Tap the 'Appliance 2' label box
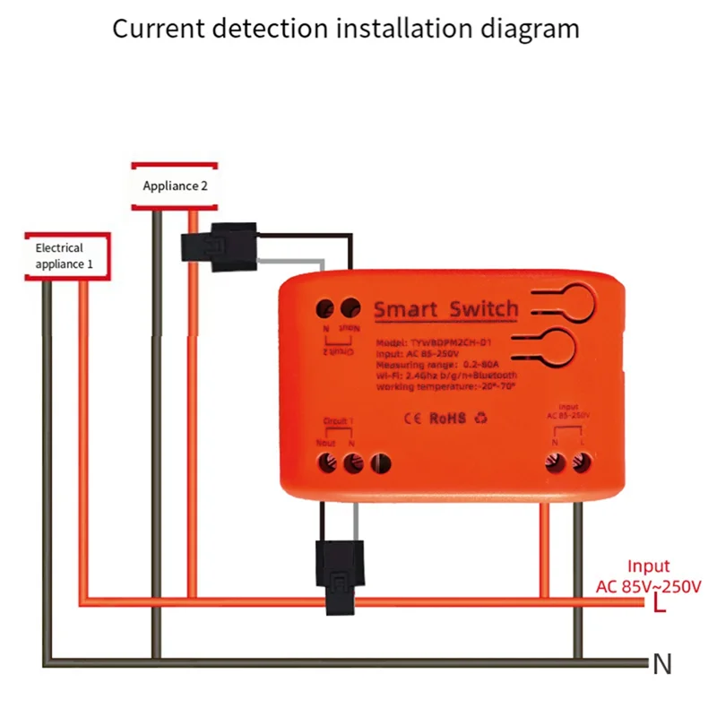(x=175, y=186)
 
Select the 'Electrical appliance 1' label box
(x=65, y=256)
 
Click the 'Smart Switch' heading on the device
(x=445, y=310)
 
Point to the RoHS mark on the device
(x=448, y=419)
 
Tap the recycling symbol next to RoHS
(x=481, y=419)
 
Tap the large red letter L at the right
(x=659, y=606)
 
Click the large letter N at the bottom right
(x=661, y=665)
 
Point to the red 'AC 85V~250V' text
(x=649, y=587)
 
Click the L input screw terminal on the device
(x=581, y=462)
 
